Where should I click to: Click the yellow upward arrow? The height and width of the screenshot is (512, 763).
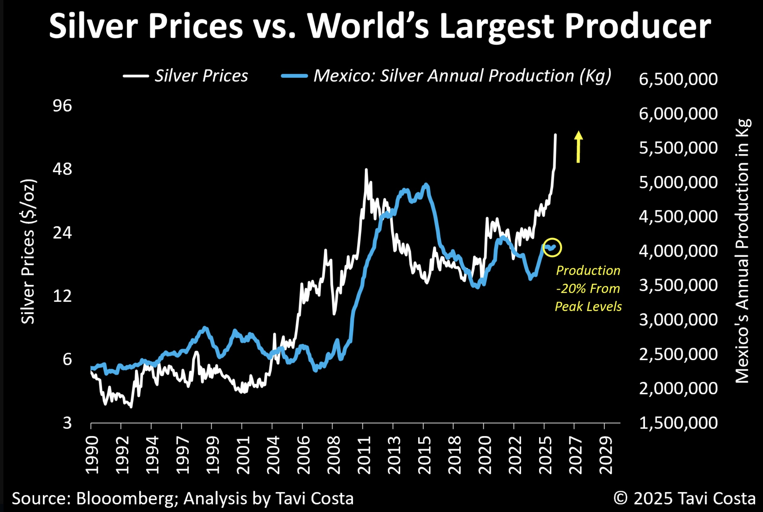click(578, 147)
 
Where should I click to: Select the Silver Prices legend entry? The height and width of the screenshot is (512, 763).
click(186, 76)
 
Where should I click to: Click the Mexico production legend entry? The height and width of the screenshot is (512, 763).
click(446, 76)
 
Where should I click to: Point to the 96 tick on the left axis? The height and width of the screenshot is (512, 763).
click(62, 106)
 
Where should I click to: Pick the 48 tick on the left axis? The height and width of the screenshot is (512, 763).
click(62, 169)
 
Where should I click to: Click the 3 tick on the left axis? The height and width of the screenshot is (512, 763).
click(67, 423)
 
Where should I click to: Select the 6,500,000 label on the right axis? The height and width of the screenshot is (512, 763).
click(678, 79)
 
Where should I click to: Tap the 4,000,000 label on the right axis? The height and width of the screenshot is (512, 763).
click(678, 251)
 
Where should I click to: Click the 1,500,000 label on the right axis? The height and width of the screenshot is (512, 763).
click(678, 423)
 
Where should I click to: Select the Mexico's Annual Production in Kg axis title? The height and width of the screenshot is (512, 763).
click(742, 251)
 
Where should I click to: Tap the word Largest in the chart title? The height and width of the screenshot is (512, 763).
click(496, 27)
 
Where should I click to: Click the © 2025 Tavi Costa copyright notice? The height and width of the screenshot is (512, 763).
click(685, 498)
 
